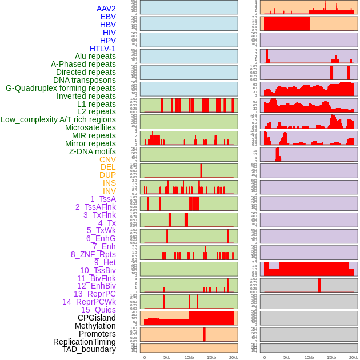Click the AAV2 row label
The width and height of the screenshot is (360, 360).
coord(106,9)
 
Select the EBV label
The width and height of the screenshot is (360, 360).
coord(108,17)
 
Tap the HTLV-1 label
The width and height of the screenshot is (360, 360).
coord(103,49)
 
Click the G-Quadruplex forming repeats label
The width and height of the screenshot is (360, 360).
coord(61,88)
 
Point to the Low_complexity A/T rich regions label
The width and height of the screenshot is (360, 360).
coord(58,119)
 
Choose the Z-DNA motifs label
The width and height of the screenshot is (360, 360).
coord(93,151)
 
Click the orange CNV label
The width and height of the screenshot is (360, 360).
coord(107,159)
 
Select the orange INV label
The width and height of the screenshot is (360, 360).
coord(109,191)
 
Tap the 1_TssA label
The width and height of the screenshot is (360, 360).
coord(103,199)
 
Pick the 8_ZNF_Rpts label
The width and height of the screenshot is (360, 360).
coord(93,254)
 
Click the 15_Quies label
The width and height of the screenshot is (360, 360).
coord(98,310)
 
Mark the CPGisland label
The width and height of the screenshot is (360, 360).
coord(97,318)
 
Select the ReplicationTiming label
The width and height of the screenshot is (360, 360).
coord(85,342)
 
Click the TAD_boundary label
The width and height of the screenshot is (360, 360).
coord(89,349)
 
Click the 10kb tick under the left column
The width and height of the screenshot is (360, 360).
coord(189,357)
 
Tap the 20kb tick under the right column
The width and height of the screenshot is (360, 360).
coord(354,357)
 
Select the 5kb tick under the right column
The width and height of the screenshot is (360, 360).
coord(287,357)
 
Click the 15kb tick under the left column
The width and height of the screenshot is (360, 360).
coord(211,357)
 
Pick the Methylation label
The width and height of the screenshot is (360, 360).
coord(95,326)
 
